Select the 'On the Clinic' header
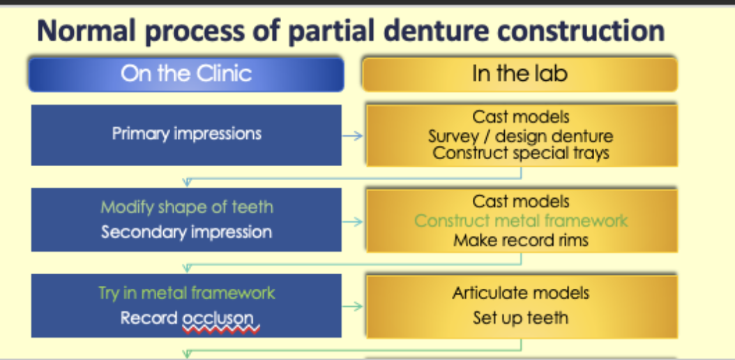click(185, 74)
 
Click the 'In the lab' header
click(520, 74)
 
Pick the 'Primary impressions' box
click(186, 134)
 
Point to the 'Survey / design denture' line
click(520, 135)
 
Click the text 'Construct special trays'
click(520, 153)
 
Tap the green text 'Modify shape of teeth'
click(186, 207)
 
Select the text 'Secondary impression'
click(186, 232)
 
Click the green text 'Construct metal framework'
click(520, 221)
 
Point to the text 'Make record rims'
click(520, 241)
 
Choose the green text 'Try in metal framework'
click(186, 293)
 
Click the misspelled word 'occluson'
click(218, 319)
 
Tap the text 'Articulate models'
click(520, 293)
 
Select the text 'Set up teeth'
click(520, 318)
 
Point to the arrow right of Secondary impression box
click(354, 223)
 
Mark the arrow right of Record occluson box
click(354, 306)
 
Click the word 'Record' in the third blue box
click(149, 318)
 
